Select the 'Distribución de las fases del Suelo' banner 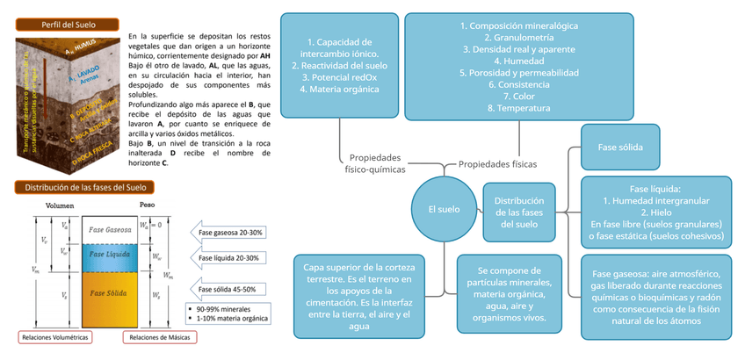[x=84, y=187]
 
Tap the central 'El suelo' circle [x=437, y=209]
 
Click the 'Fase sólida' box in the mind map [x=620, y=148]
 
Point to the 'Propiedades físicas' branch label [x=498, y=163]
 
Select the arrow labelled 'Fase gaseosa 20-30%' [x=229, y=232]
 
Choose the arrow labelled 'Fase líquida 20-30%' [x=229, y=258]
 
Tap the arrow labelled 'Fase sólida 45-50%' [x=230, y=290]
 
